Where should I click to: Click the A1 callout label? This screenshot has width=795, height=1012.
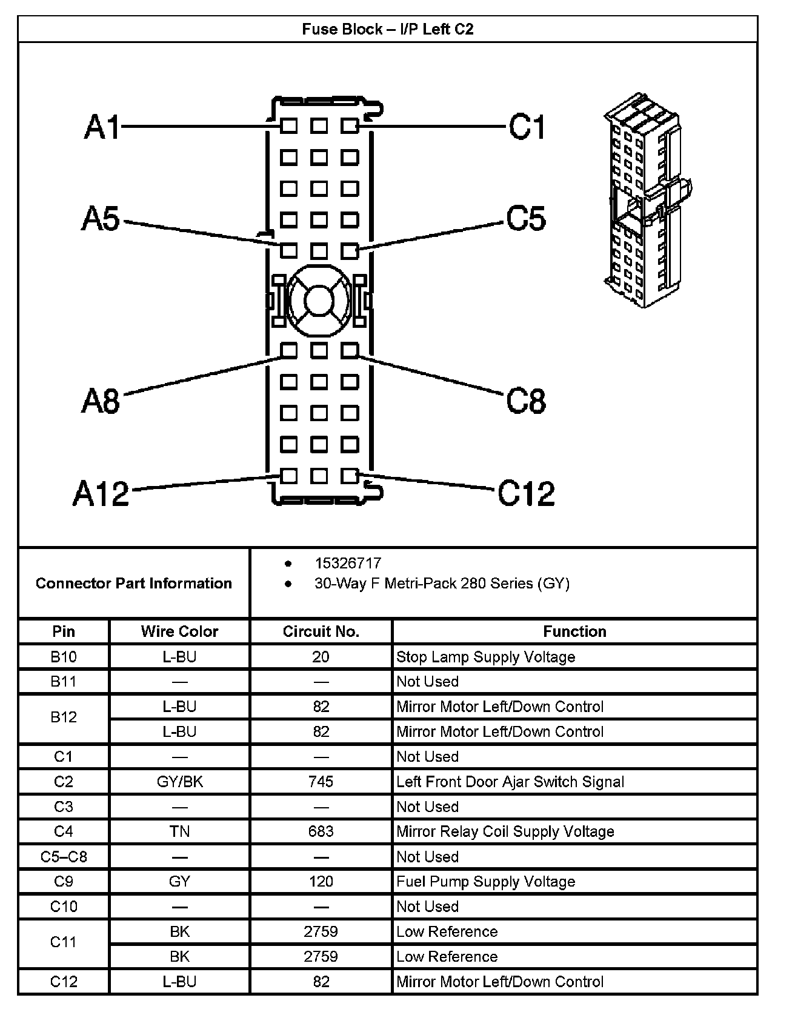(x=102, y=127)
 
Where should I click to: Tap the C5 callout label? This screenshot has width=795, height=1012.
(x=526, y=218)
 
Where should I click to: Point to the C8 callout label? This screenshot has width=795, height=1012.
(x=526, y=401)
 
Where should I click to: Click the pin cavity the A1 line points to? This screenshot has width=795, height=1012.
(x=289, y=126)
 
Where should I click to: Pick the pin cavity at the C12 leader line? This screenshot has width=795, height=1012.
(x=350, y=476)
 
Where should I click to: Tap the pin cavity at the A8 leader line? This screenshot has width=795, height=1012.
(x=289, y=350)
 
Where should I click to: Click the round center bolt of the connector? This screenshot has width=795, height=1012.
(x=319, y=299)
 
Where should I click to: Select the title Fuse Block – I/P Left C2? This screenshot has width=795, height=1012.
(x=387, y=29)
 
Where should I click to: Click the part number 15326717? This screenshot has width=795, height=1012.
(x=348, y=563)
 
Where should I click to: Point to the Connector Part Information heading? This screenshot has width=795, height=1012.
(x=134, y=583)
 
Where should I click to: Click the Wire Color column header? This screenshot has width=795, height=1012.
(x=179, y=631)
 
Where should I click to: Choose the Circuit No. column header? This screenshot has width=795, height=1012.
(x=321, y=631)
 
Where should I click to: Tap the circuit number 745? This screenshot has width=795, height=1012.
(x=321, y=782)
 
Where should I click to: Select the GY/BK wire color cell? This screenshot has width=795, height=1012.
(x=179, y=782)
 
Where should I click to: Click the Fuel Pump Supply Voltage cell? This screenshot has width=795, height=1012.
(x=485, y=882)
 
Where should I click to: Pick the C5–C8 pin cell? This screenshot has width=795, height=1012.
(x=64, y=857)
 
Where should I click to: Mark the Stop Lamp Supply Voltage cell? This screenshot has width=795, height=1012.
(x=485, y=657)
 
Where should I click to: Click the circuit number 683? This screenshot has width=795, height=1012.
(x=321, y=831)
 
